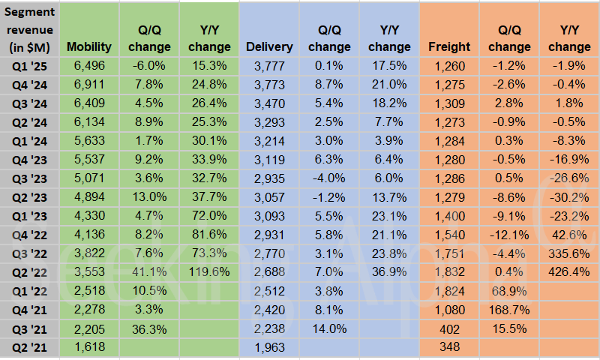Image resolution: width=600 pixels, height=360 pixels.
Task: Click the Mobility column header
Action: click(x=88, y=46)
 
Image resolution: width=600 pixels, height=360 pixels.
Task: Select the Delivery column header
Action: click(x=269, y=46)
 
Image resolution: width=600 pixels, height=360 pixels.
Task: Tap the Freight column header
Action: click(x=449, y=46)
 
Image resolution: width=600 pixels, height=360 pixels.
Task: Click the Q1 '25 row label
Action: click(x=29, y=66)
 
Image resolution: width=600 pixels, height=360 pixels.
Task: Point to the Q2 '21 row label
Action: click(x=29, y=346)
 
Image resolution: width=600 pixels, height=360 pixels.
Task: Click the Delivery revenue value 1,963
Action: click(x=269, y=346)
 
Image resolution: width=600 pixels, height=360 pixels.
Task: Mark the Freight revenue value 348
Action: click(x=449, y=346)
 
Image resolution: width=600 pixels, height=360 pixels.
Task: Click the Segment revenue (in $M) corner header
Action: click(x=29, y=30)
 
